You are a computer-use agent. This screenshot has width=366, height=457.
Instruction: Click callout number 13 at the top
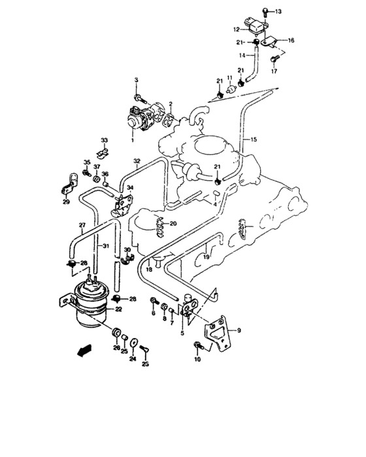278,12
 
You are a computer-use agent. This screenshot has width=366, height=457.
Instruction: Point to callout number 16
291,40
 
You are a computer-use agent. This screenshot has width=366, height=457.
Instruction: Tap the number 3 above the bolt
137,80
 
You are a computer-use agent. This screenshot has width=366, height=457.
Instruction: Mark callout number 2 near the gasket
171,104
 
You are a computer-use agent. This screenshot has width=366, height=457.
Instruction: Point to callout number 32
137,161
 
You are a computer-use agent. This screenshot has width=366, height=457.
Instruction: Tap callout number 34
130,188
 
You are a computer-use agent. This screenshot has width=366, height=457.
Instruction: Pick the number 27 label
82,227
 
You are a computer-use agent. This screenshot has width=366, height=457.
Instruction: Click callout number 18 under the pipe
149,269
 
